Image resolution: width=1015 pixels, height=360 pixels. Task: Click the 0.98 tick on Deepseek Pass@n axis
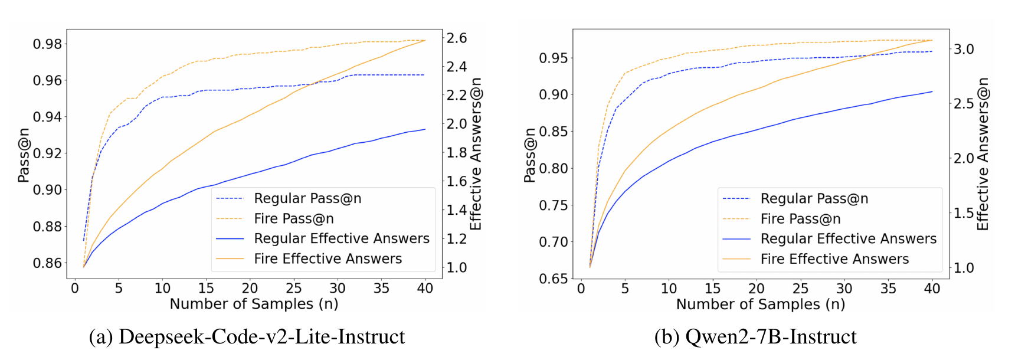47,44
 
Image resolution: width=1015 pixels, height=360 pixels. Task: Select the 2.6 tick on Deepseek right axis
456,38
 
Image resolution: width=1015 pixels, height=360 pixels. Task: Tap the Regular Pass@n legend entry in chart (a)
307,198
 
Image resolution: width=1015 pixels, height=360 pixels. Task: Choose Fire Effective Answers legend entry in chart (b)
834,258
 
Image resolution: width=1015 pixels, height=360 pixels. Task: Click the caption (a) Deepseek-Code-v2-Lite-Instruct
247,336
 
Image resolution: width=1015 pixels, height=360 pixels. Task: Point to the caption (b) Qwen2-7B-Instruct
755,336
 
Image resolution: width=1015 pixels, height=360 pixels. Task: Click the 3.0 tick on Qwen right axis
964,49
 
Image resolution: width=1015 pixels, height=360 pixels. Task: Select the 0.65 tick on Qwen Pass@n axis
553,279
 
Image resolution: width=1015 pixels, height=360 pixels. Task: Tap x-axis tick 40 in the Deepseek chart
425,288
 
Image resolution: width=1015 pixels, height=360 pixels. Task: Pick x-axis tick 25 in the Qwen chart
800,288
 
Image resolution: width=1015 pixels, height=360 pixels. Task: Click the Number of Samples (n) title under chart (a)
254,304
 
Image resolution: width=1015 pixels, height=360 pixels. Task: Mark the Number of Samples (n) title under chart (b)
760,304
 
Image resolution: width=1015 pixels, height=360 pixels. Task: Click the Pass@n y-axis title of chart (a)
23,155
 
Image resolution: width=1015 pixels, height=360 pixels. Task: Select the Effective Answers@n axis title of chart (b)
983,155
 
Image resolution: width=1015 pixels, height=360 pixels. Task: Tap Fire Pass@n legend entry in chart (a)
293,218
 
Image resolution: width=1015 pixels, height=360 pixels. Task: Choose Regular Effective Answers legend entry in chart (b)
848,238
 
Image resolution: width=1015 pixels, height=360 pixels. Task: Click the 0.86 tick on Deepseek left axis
47,263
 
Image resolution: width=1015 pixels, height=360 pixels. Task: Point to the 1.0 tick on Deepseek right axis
456,268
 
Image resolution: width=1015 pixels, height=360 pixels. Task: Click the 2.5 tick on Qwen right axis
964,103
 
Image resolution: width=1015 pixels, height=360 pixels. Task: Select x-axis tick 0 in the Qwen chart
581,288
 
